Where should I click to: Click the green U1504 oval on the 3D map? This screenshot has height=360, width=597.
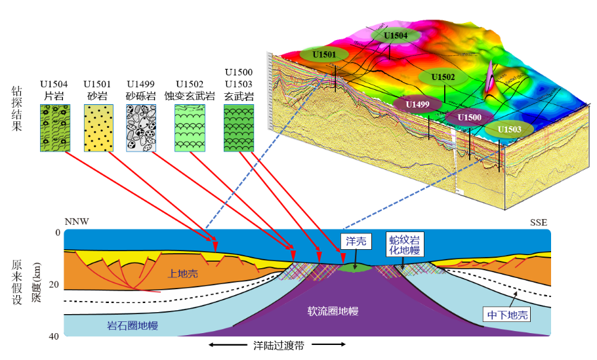[x=396, y=36]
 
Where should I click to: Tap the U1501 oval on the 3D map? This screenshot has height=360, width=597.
[x=324, y=54]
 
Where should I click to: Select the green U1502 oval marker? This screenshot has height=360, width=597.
[x=443, y=77]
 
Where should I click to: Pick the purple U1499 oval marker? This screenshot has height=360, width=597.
[x=417, y=104]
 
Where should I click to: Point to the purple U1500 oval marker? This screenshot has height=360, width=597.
[x=470, y=117]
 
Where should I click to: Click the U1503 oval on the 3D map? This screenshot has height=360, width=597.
[x=509, y=129]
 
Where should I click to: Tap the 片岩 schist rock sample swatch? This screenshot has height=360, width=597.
[x=54, y=128]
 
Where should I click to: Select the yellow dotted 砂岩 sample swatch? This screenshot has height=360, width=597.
[x=97, y=128]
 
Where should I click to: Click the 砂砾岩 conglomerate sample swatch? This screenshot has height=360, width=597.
[x=140, y=128]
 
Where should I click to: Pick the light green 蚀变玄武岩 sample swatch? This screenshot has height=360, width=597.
[x=190, y=128]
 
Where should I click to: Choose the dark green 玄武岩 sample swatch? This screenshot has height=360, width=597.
[x=239, y=128]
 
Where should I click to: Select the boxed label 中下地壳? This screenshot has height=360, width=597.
[x=506, y=314]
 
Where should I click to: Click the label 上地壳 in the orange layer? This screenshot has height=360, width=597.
[x=183, y=274]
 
